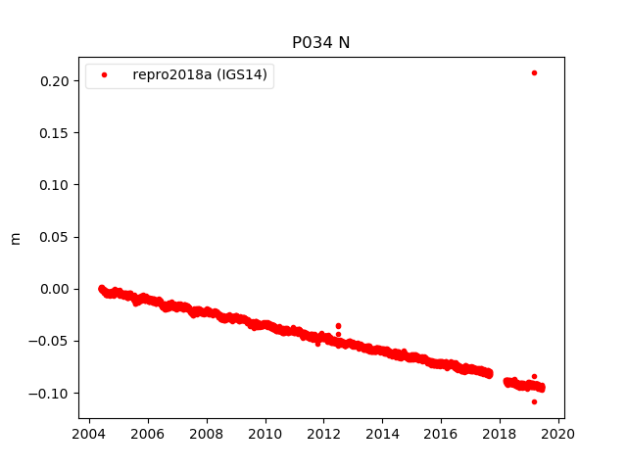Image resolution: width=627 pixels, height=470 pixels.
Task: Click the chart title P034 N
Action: click(x=320, y=42)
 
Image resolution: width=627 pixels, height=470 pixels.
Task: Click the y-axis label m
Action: click(x=15, y=238)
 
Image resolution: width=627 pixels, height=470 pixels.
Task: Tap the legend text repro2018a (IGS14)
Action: click(x=200, y=74)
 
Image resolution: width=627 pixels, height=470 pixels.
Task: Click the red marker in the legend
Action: click(x=104, y=74)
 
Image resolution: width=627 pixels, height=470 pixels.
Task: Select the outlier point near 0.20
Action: click(x=534, y=72)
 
